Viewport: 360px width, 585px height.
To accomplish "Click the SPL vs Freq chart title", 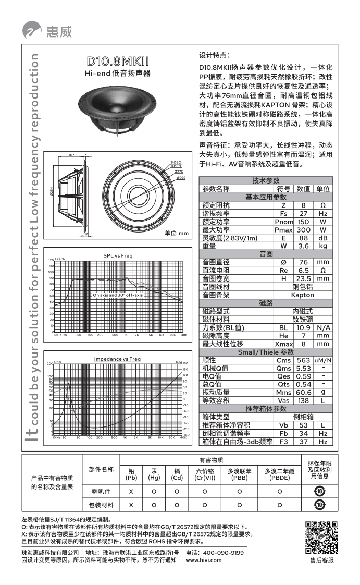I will coord(118,255).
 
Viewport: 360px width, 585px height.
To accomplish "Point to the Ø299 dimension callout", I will coord(181,178).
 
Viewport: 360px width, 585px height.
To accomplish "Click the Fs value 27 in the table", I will coord(303,214).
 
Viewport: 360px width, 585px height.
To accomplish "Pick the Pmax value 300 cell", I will coord(303,230).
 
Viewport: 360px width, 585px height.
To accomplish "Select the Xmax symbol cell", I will coord(283,344).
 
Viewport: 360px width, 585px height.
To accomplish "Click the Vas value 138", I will coord(303,400).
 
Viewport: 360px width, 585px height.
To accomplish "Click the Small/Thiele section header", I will coord(266,352).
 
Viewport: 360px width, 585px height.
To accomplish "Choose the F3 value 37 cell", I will coord(303,442).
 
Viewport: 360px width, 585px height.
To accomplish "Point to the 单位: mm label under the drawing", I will coord(176,233).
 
